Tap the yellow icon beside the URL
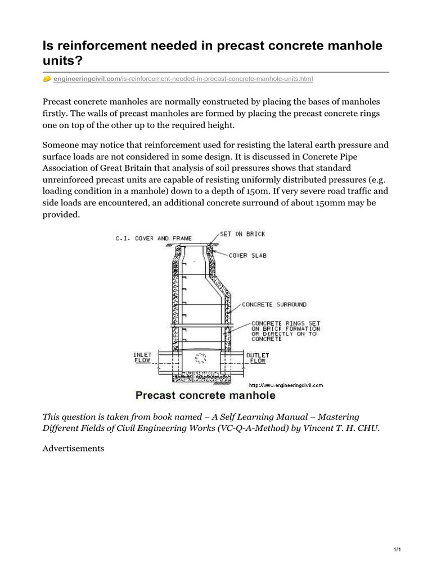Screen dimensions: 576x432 pyautogui.click(x=47, y=79)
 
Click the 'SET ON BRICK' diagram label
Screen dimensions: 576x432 pyautogui.click(x=242, y=234)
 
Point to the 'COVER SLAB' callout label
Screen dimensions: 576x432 pyautogui.click(x=247, y=255)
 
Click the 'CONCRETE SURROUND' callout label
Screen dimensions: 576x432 pyautogui.click(x=274, y=304)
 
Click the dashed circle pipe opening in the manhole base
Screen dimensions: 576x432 pyautogui.click(x=200, y=358)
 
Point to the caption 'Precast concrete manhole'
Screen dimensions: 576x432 pyautogui.click(x=205, y=395)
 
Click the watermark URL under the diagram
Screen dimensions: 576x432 pyautogui.click(x=286, y=385)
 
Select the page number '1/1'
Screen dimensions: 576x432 pyautogui.click(x=395, y=549)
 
